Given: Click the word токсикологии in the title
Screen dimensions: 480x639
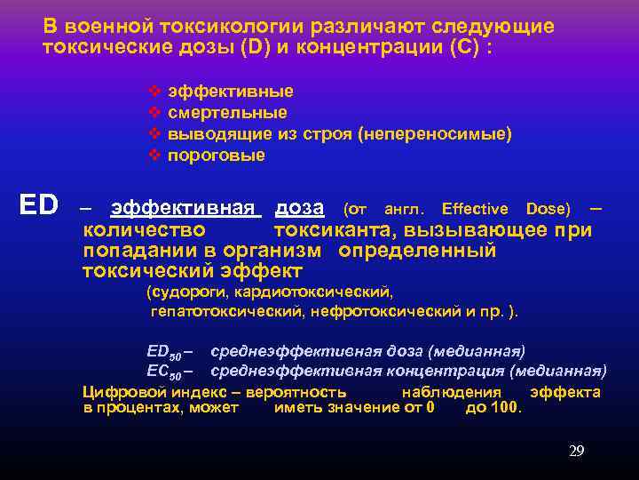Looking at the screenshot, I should tap(197, 27).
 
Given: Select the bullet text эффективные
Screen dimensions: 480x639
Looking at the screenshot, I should tap(231, 92).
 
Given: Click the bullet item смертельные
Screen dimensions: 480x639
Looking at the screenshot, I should tap(227, 113).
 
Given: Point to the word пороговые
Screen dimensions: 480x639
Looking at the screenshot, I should tap(217, 156).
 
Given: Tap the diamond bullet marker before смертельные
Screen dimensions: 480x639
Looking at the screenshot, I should tap(154, 113).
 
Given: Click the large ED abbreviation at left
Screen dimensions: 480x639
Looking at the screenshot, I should tap(39, 206).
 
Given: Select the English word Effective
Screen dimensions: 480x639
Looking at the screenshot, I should tap(474, 209).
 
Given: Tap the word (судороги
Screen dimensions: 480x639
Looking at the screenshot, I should tap(182, 292).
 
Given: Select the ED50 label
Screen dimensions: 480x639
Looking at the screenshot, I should tap(163, 349).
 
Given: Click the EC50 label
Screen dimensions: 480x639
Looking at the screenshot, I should tap(163, 371).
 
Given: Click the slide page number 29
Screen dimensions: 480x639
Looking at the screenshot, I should tap(576, 452).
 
